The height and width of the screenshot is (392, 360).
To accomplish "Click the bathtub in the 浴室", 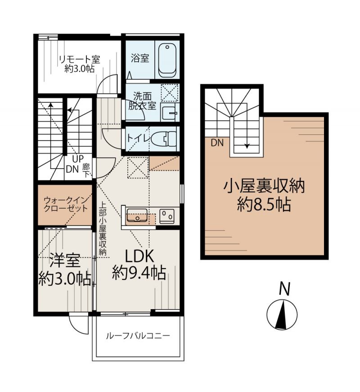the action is tap(167, 60).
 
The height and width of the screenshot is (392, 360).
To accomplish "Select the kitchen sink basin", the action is tap(137, 215).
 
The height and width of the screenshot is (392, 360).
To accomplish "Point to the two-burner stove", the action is tap(166, 215).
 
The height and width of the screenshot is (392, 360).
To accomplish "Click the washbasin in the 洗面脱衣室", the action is tap(169, 113).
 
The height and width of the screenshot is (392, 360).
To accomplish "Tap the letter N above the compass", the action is tap(284, 289).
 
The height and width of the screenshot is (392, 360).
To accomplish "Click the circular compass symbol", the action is tap(282, 314).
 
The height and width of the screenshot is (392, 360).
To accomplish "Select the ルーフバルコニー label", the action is tap(138, 336).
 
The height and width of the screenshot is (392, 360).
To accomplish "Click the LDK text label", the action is tap(139, 256).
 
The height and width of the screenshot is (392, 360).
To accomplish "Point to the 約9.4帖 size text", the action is tap(139, 273).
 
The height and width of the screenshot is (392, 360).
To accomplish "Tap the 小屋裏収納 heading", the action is tap(264, 186).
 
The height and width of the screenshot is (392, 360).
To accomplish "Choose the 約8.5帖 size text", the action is tap(264, 204).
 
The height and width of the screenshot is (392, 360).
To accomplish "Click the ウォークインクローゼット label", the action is tap(65, 204).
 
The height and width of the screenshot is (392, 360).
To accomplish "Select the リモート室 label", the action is tap(79, 59).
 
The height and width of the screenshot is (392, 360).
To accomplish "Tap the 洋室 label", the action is tap(65, 260).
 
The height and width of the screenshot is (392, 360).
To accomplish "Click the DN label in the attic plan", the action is tap(217, 143).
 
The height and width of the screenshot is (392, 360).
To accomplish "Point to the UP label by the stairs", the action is tap(78, 159).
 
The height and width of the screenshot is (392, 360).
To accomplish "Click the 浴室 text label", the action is tap(140, 58).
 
